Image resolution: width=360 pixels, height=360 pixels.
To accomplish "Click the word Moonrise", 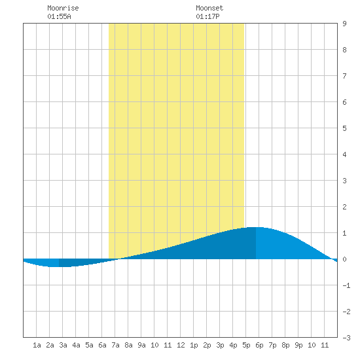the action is coord(63,8).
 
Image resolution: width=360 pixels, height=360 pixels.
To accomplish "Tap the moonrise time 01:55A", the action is coord(59,16).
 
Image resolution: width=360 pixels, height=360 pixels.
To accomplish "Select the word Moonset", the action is coord(209,8).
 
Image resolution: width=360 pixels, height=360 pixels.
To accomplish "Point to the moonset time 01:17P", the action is coord(207,16).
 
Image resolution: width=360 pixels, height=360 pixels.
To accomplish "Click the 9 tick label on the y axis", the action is coord(344,24).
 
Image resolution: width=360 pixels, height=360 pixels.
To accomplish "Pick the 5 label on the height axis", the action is coord(344,128).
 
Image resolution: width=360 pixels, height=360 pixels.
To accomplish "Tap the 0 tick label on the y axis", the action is coord(344,259).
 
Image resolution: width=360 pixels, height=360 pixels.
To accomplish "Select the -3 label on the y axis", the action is coord(346,338).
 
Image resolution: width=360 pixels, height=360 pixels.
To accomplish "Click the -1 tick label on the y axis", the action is coord(346,285).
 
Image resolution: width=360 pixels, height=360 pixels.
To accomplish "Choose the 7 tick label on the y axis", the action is coord(344,76).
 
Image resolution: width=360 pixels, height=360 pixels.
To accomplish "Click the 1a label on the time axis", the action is coord(37,345).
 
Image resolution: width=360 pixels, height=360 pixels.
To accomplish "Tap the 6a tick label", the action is coord(102,345).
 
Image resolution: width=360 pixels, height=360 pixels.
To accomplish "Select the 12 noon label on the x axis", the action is coord(181,345).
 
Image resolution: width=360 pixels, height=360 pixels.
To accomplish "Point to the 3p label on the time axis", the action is coord(220,345).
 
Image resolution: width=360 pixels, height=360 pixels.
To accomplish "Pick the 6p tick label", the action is coord(259,345).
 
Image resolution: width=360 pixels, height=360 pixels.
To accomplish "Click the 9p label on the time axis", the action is coord(298,345).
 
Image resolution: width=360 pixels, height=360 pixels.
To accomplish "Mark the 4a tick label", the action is coord(76,345).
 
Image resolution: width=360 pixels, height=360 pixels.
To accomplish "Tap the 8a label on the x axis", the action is coord(128,345).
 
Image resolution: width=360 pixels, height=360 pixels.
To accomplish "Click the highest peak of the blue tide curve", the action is coord(256,227).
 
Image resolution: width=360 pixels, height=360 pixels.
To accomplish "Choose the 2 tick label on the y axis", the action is coord(344,207).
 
